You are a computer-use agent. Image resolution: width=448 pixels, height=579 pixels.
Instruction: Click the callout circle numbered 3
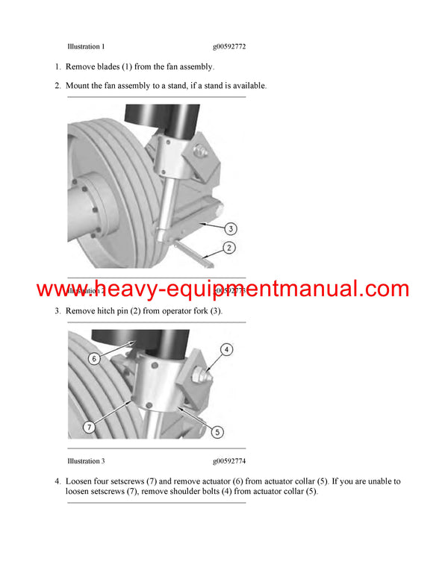point(231,228)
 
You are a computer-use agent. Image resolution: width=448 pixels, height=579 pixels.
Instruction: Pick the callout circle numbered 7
point(88,428)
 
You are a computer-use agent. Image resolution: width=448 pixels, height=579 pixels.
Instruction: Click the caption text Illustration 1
point(86,46)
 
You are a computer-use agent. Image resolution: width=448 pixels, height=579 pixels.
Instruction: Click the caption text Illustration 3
point(86,462)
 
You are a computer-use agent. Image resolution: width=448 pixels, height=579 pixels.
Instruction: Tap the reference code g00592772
point(229,46)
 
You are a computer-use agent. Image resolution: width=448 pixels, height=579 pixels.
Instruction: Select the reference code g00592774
point(229,462)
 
